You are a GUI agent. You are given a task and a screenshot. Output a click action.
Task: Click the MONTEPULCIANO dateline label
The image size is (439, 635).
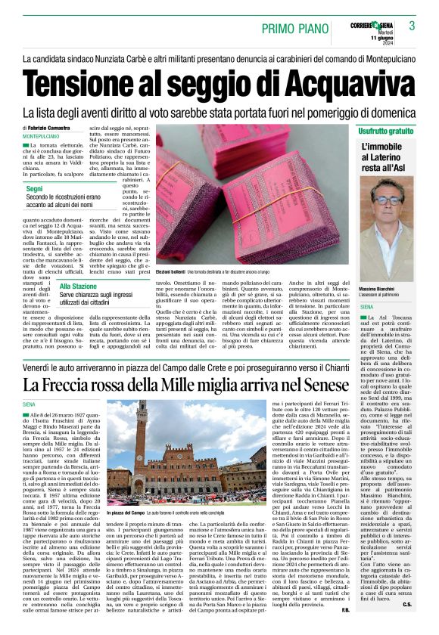coord(45,136)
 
